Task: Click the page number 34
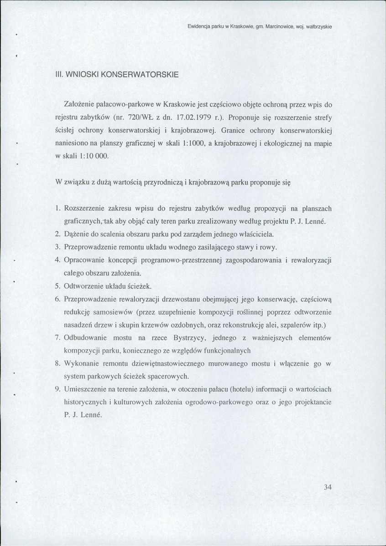click(x=327, y=487)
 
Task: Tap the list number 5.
click(x=58, y=286)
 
